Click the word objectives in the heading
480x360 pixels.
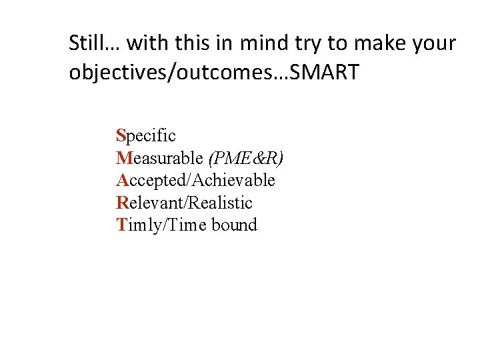tap(117, 72)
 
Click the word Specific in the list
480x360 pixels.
tap(146, 136)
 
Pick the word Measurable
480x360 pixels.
tap(159, 158)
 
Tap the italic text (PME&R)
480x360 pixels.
tap(245, 158)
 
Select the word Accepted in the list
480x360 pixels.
tap(152, 180)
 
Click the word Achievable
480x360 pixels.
tap(234, 180)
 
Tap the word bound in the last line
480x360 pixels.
tap(234, 225)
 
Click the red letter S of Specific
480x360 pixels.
tap(121, 136)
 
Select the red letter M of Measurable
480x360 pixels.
tap(123, 158)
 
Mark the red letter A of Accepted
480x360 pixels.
tap(122, 180)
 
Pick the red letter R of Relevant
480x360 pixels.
tap(122, 202)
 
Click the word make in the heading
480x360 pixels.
tap(379, 44)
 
